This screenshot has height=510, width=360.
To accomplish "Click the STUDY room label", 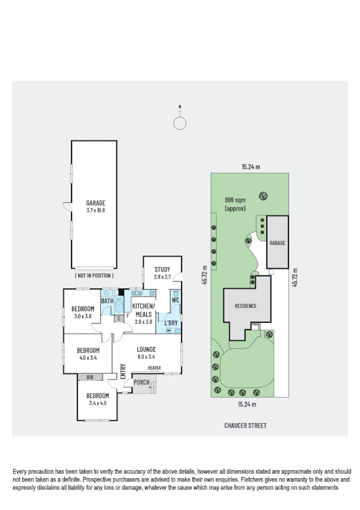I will tap(162, 269).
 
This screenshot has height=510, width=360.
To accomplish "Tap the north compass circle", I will tap(180, 123).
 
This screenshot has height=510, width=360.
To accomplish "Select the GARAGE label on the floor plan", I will tap(96, 203).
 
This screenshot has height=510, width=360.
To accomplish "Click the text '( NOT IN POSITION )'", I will tap(96, 275).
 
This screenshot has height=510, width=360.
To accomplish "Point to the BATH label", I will tap(107, 301).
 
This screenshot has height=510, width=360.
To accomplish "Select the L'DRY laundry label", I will tap(170, 323).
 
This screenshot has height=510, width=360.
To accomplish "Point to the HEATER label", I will tap(154, 368).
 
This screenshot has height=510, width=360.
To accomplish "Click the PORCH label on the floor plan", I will tap(141, 382).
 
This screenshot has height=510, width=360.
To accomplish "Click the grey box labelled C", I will tap(118, 319).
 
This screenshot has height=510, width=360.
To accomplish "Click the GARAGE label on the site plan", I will tap(277, 243).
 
